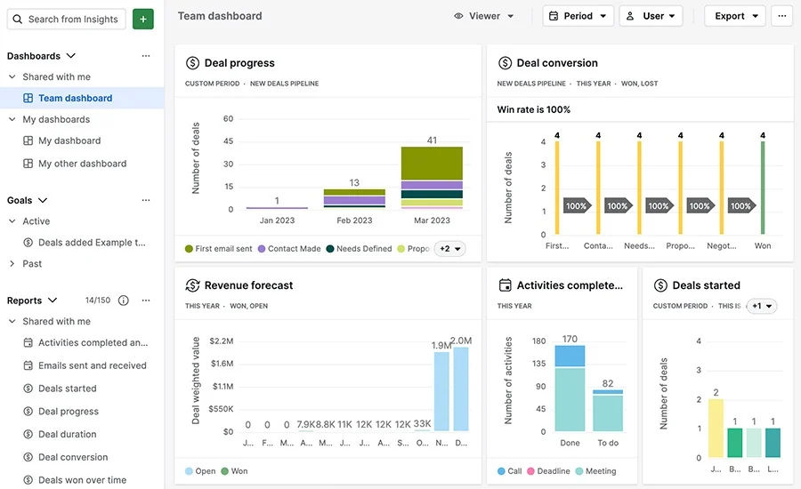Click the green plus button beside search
142,19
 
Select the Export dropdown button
734,16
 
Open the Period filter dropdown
578,16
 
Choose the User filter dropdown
651,16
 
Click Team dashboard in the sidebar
75,98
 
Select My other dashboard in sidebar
82,164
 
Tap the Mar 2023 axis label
432,220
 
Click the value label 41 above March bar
432,140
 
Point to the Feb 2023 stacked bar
354,198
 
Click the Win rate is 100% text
534,109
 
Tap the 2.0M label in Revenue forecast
461,341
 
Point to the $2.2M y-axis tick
221,341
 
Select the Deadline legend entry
548,471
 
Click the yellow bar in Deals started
716,428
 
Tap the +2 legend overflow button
450,249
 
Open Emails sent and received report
92,365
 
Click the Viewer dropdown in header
484,16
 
